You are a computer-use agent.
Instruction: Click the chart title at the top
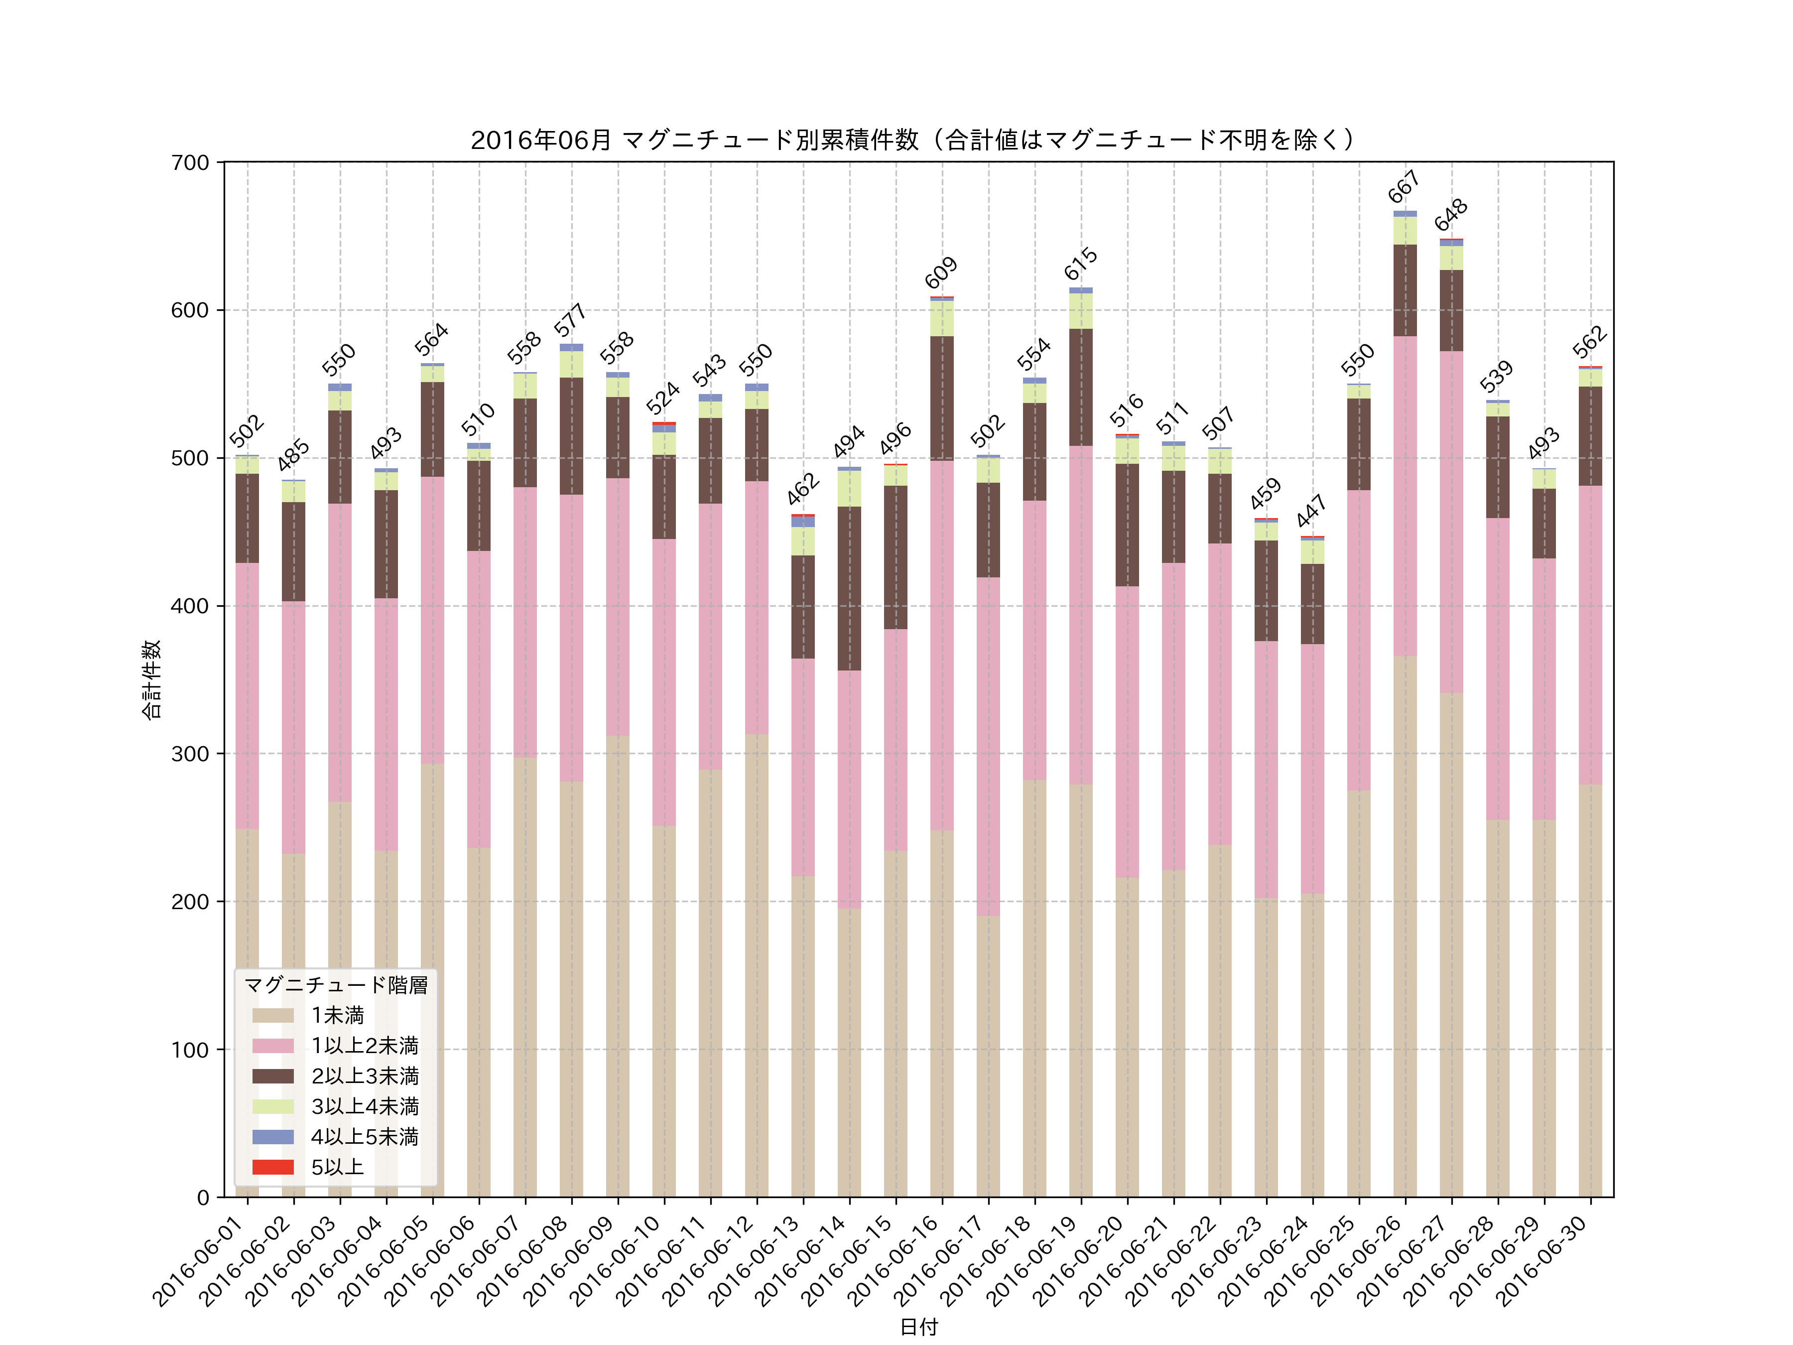(913, 140)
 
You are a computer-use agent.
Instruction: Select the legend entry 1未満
(337, 1015)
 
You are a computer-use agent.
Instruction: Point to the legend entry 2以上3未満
(365, 1076)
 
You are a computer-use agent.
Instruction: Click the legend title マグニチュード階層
(336, 985)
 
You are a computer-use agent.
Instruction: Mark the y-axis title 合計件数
(151, 679)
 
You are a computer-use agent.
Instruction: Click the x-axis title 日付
(918, 1327)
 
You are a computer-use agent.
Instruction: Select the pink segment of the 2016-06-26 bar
(1405, 496)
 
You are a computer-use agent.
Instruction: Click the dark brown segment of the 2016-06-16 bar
(941, 398)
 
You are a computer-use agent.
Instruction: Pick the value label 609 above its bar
(941, 273)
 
